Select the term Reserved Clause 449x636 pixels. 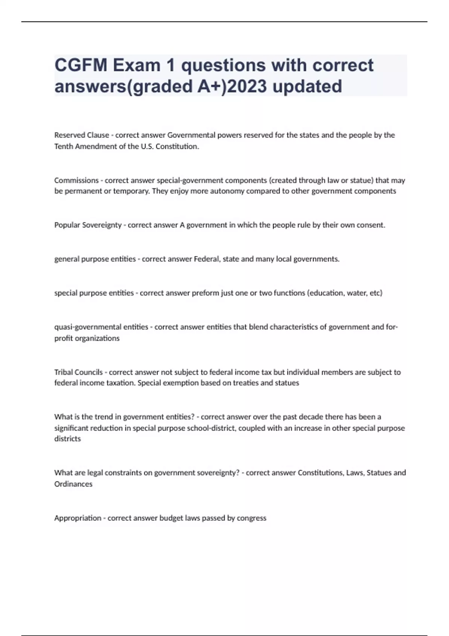[x=82, y=135]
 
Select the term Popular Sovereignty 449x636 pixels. [x=88, y=225]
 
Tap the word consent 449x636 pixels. [x=370, y=225]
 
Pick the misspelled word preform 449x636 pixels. [x=205, y=293]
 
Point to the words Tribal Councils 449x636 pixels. [x=78, y=372]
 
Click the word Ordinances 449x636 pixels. [x=73, y=484]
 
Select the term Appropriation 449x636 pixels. [x=78, y=518]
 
